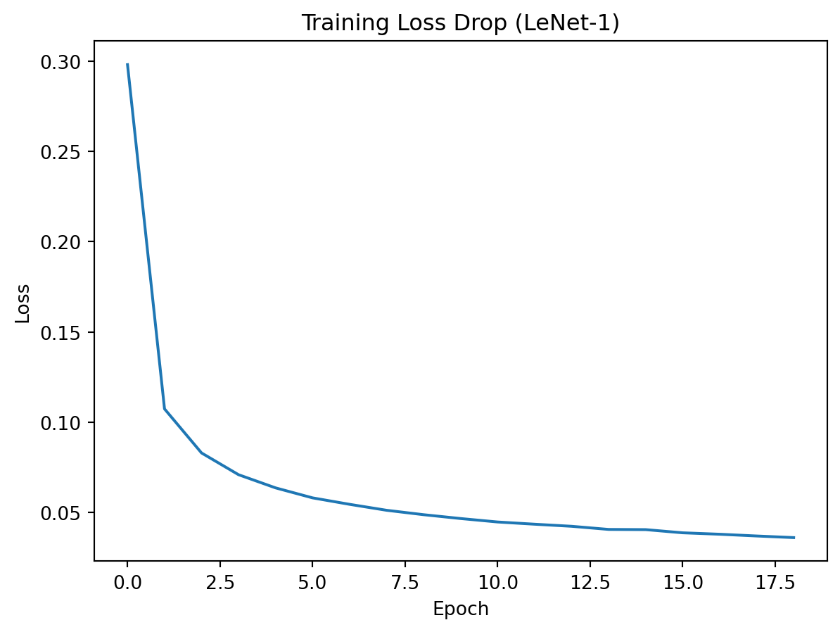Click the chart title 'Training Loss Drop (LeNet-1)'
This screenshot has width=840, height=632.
point(460,23)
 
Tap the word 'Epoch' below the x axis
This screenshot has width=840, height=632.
point(460,609)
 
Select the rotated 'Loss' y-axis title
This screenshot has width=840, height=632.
point(23,303)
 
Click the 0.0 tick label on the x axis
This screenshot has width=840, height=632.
point(127,583)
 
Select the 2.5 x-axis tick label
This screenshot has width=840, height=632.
point(219,583)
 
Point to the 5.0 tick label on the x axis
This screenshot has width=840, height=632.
point(312,583)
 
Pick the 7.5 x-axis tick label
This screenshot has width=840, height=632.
point(405,583)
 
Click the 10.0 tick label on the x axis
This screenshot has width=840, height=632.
point(497,583)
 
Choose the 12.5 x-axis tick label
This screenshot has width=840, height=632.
point(590,583)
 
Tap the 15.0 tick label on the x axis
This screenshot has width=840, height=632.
point(682,583)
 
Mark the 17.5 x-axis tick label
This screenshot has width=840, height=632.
point(775,583)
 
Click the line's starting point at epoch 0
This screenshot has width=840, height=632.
point(127,64)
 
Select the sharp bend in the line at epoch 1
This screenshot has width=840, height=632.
point(165,409)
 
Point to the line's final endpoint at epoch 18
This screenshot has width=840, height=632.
point(794,538)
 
